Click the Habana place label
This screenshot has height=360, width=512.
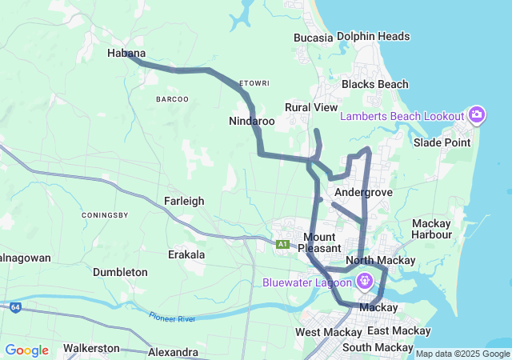[126, 53]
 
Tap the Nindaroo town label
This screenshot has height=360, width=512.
[251, 122]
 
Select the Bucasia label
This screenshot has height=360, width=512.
[313, 37]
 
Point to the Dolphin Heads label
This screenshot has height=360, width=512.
[373, 36]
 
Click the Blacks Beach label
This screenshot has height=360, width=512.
[374, 84]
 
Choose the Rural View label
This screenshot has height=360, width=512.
[311, 107]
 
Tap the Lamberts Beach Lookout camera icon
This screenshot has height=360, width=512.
[477, 116]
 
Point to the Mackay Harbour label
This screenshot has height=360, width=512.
[431, 229]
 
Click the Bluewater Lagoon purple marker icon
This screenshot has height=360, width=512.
[365, 282]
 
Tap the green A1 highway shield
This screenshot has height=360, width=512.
[282, 244]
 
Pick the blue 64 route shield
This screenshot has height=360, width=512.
[15, 306]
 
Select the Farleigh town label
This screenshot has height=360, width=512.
[184, 201]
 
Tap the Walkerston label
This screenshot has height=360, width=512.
[91, 348]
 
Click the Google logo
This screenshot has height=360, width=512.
[26, 350]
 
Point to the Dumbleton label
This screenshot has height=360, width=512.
[120, 272]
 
